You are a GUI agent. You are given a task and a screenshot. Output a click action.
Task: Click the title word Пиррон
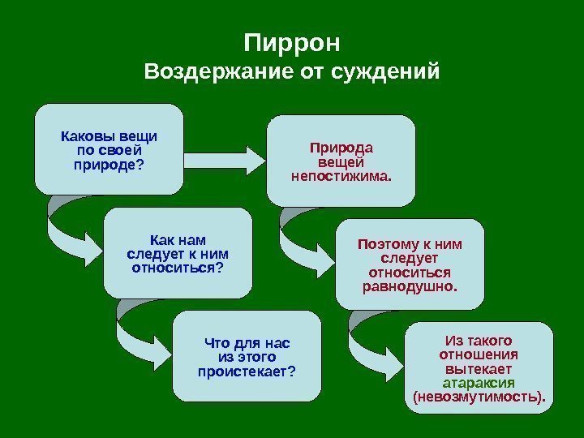pyautogui.click(x=292, y=41)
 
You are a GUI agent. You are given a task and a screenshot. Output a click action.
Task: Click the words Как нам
pyautogui.click(x=178, y=239)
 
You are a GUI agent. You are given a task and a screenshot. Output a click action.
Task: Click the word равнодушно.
pyautogui.click(x=409, y=286)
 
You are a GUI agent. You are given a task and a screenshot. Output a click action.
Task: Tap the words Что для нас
pyautogui.click(x=247, y=342)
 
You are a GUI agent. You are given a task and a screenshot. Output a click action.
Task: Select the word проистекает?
pyautogui.click(x=247, y=371)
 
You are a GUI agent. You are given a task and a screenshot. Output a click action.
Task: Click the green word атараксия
pyautogui.click(x=479, y=383)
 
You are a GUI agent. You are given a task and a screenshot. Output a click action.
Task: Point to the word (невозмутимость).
pyautogui.click(x=479, y=397)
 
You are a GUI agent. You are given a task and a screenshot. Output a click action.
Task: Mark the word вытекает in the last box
pyautogui.click(x=479, y=368)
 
